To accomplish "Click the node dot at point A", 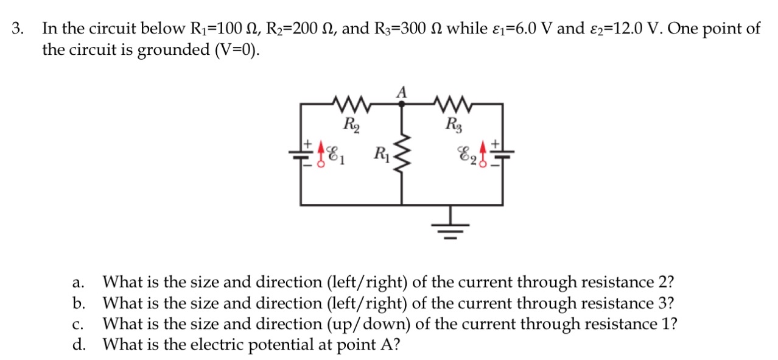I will pyautogui.click(x=401, y=104).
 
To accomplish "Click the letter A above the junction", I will pyautogui.click(x=401, y=91).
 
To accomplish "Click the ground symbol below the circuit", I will pyautogui.click(x=451, y=227).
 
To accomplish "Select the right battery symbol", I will pyautogui.click(x=503, y=152).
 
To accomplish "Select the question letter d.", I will pyautogui.click(x=78, y=345).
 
